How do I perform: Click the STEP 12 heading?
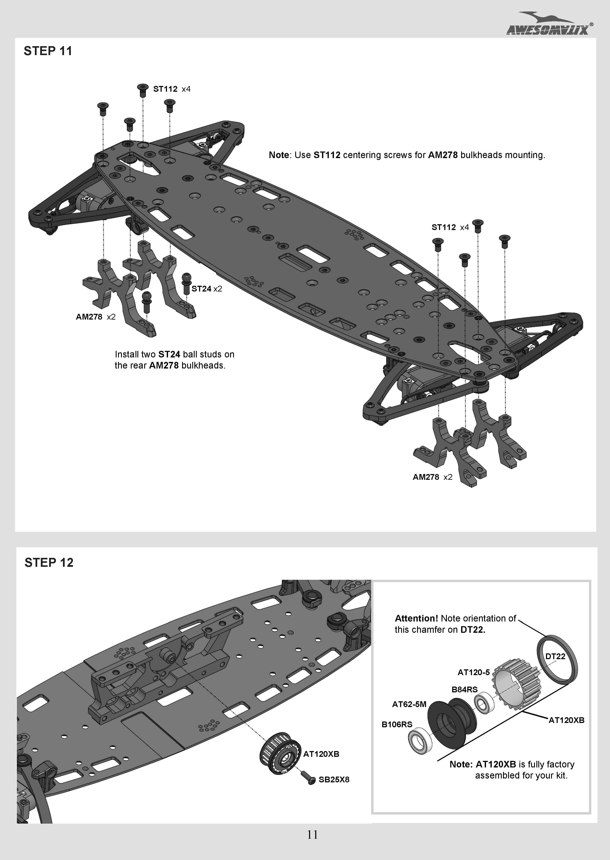pyautogui.click(x=49, y=562)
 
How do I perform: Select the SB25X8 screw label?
pyautogui.click(x=334, y=780)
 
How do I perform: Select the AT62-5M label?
pyautogui.click(x=409, y=704)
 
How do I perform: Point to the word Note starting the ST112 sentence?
pyautogui.click(x=279, y=155)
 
